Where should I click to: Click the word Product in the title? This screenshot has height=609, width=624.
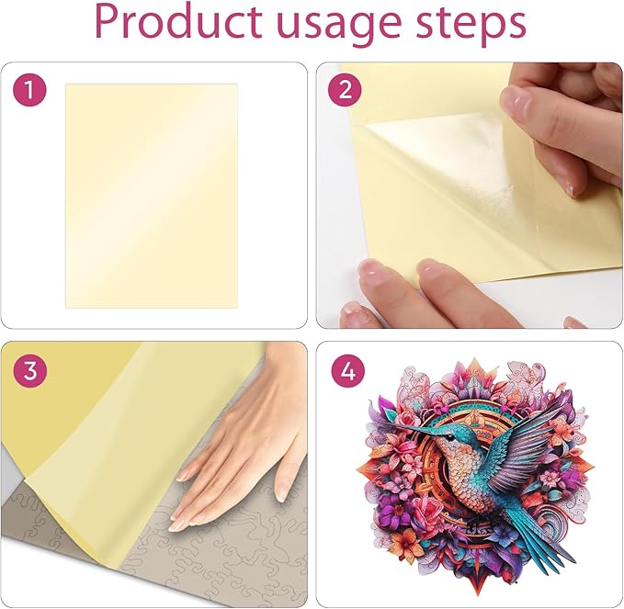(x=178, y=23)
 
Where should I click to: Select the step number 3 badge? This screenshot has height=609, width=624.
(x=29, y=370)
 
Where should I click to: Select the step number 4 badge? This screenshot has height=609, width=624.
(x=347, y=370)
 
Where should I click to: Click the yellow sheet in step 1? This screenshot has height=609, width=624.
(x=152, y=196)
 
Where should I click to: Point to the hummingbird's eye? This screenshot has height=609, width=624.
(x=449, y=438)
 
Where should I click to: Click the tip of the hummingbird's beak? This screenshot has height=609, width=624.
(x=390, y=423)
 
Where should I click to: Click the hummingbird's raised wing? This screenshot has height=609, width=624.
(x=529, y=442)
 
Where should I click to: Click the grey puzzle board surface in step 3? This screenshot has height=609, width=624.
(x=222, y=565)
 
